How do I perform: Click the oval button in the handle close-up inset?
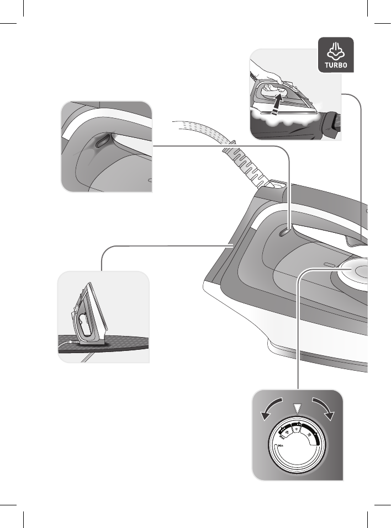coord(102,142)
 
